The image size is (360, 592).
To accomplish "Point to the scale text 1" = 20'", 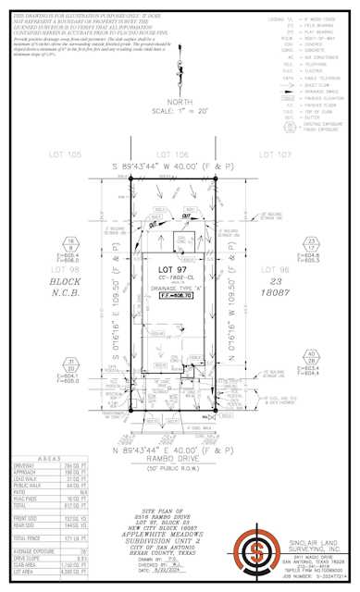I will (x=180, y=108).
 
